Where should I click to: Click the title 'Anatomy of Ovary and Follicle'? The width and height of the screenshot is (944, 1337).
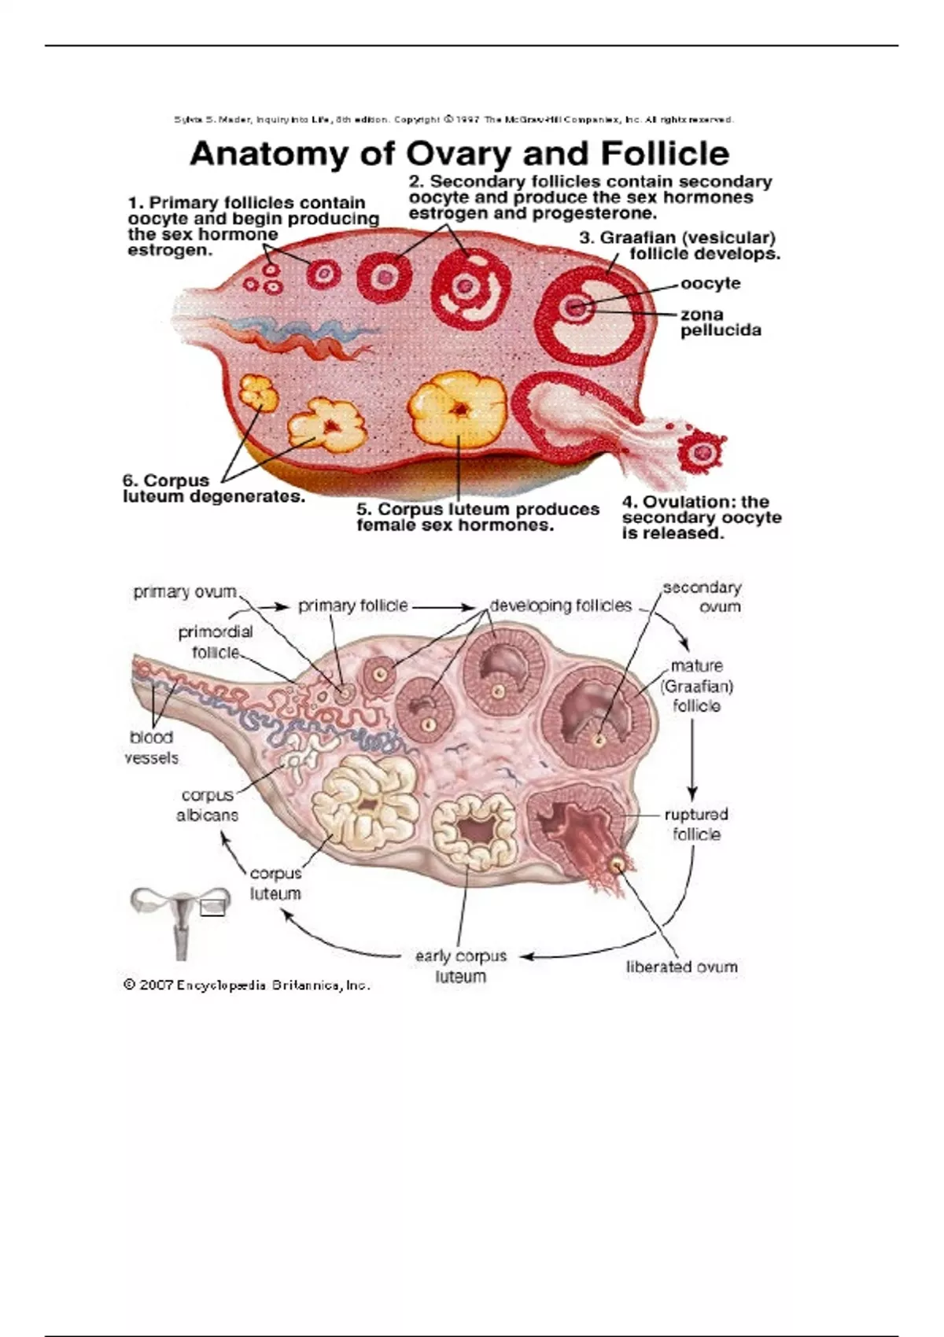tap(459, 154)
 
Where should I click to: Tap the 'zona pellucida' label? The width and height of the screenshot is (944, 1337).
tap(720, 322)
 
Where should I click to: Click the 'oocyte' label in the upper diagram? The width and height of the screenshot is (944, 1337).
tap(710, 283)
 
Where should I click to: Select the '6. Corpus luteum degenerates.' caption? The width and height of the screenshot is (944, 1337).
tap(213, 488)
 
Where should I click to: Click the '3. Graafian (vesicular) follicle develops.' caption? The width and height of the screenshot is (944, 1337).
tap(680, 245)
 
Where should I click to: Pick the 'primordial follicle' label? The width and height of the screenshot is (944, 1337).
tap(215, 642)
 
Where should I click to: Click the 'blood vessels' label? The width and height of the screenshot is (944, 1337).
tap(151, 747)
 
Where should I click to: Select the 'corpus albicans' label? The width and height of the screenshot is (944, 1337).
tap(207, 805)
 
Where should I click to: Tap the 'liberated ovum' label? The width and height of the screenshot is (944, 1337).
tap(681, 967)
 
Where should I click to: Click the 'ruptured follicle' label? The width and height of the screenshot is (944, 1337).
tap(695, 824)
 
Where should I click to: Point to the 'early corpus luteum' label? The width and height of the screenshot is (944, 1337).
tap(461, 967)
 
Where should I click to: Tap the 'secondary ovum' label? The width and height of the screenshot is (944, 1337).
tap(702, 597)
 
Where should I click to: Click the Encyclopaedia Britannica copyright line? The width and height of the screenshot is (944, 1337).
tap(247, 985)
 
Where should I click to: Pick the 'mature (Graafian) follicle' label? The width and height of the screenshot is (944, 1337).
tap(696, 686)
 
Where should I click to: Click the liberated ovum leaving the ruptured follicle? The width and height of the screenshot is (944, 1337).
tap(618, 864)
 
